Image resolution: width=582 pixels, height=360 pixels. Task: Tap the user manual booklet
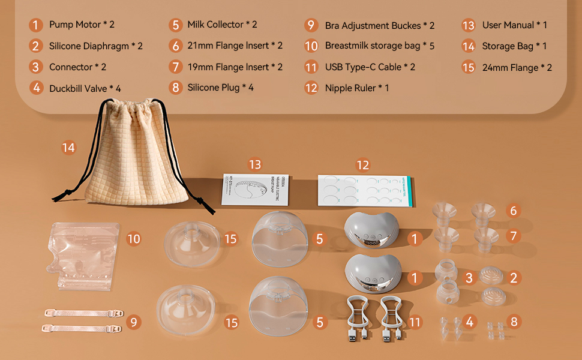255,190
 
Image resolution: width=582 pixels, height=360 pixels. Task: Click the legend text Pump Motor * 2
82,25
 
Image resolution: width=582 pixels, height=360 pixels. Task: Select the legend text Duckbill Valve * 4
85,88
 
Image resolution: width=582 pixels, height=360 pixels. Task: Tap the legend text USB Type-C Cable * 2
370,67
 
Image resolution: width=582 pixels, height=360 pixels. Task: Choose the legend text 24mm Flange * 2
517,67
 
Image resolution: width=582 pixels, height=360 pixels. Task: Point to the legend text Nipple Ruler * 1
357,88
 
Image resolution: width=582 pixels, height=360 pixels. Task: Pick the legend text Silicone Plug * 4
220,88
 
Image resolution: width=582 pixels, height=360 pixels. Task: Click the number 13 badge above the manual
255,164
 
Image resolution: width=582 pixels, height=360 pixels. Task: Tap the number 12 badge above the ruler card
362,164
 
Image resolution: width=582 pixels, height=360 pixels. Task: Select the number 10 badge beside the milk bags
134,239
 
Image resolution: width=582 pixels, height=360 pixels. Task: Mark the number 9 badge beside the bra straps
134,322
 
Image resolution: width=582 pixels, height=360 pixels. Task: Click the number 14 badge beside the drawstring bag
69,147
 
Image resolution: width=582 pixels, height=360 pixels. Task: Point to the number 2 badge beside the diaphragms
514,278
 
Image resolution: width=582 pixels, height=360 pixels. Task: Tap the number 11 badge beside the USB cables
415,322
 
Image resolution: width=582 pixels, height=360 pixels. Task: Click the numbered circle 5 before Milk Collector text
176,25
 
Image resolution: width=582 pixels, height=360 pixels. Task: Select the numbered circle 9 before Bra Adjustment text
311,25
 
